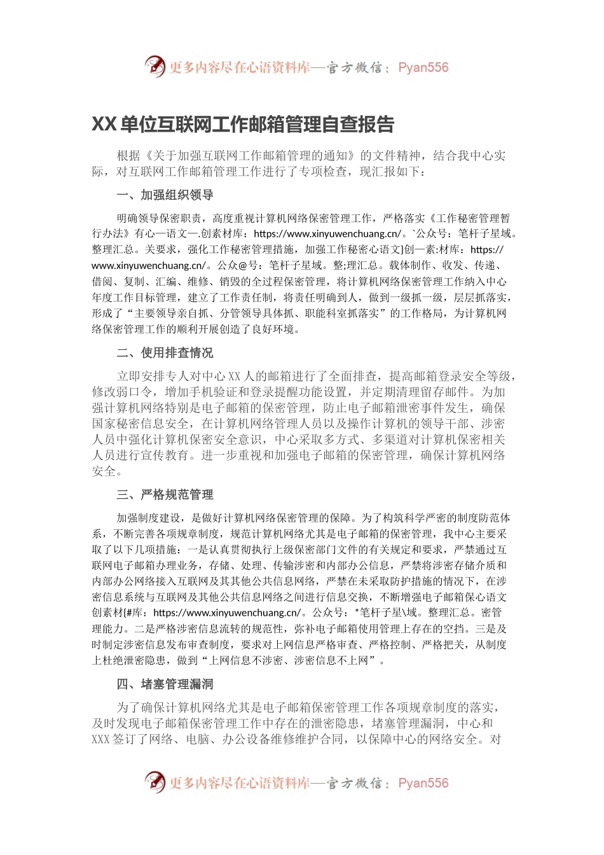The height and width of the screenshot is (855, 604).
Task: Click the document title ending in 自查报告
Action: tap(243, 124)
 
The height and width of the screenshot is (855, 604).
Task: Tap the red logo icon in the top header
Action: tap(155, 67)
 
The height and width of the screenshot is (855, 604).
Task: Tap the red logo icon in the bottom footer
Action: tap(155, 782)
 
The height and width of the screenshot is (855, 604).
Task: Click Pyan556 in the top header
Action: tap(423, 67)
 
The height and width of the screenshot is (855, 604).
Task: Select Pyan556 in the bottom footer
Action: tap(423, 783)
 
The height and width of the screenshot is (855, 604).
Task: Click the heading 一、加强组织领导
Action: tap(165, 195)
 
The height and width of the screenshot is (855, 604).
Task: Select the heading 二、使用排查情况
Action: tap(165, 352)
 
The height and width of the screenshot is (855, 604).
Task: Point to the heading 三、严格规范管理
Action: tap(165, 494)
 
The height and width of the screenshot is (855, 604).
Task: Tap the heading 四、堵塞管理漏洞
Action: tap(165, 684)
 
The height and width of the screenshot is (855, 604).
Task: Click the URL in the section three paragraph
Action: tap(227, 613)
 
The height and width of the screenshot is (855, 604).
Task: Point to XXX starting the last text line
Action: tap(101, 739)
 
